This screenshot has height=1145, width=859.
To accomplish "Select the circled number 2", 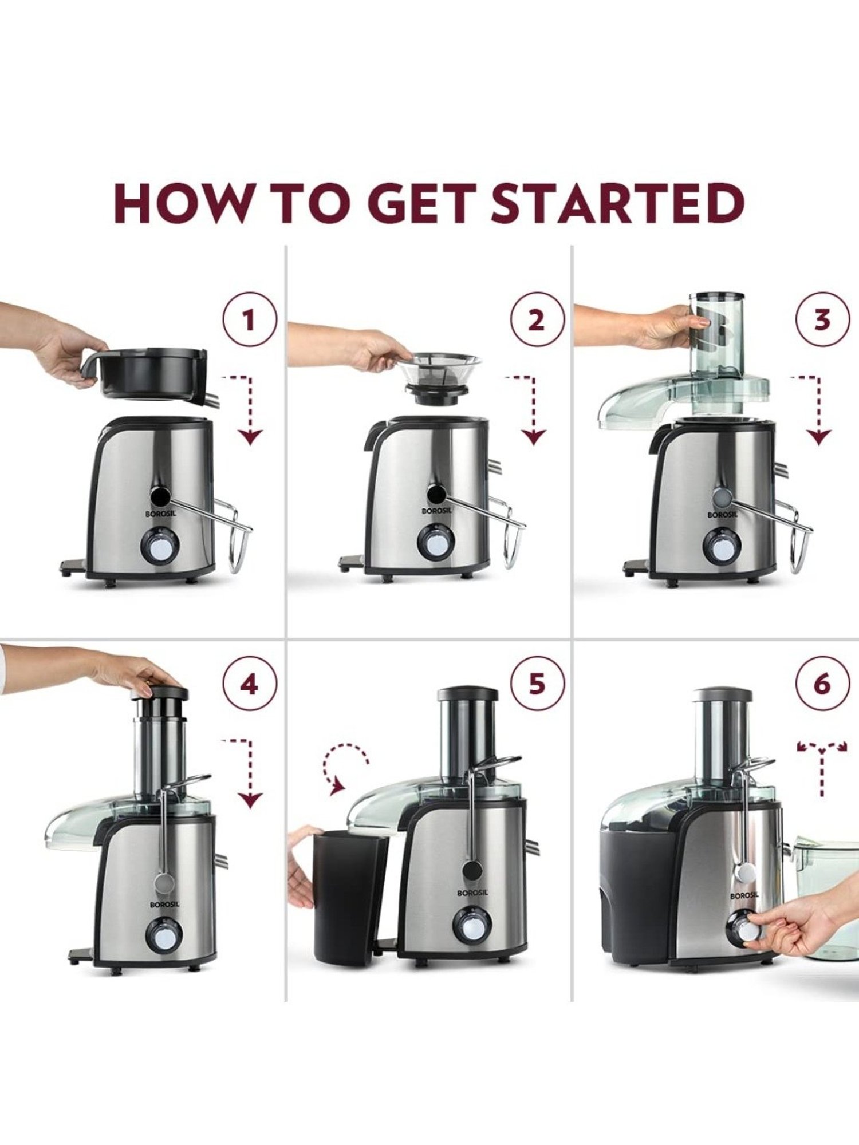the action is coord(537,319).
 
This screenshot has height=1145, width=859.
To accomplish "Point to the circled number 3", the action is coord(822,319).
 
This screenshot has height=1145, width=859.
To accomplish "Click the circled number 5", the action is coord(537,685).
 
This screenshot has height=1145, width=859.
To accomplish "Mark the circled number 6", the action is coord(822,685).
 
